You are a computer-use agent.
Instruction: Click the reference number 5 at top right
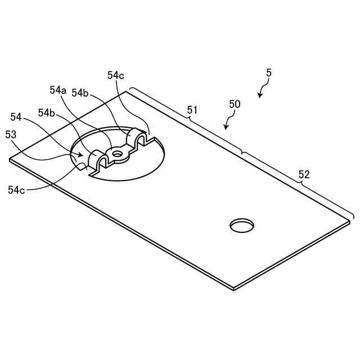tap(269, 73)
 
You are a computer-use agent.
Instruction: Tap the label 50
tap(235, 104)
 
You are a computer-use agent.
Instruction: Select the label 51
tap(192, 110)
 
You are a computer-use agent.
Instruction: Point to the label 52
tap(304, 174)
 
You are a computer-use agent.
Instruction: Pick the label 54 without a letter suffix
tap(16, 117)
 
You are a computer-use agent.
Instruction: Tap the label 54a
tap(58, 90)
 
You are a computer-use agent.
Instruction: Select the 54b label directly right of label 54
tap(47, 112)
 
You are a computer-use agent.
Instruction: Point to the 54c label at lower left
tap(17, 190)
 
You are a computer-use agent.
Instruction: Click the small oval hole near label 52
tap(242, 225)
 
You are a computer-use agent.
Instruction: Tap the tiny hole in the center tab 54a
tap(117, 152)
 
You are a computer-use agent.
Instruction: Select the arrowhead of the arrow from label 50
tap(225, 129)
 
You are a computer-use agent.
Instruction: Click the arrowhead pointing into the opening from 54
tap(84, 155)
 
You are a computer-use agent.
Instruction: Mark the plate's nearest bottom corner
tap(233, 289)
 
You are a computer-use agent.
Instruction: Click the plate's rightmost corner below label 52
tap(349, 221)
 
